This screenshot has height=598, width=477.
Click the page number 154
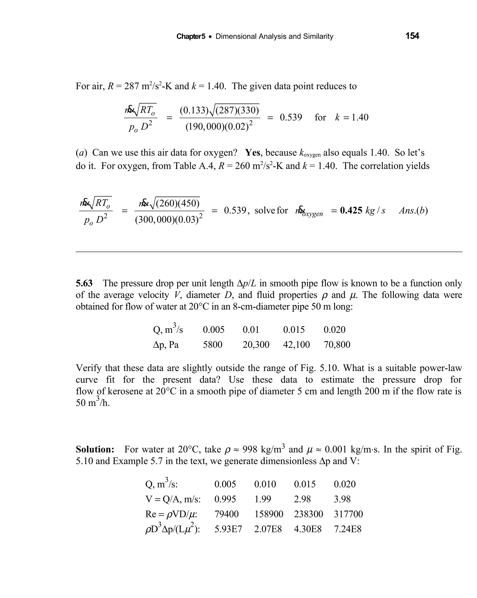pos(412,36)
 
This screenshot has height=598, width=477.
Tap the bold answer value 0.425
pos(351,211)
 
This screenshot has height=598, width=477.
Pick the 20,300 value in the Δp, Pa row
pos(256,345)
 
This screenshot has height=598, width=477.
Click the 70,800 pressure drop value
pos(337,345)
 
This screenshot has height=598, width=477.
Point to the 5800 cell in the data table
pos(212,345)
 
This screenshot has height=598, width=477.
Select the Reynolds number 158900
pos(269,514)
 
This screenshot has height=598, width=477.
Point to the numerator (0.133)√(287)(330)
pos(219,110)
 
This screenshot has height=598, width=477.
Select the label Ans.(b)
pos(413,211)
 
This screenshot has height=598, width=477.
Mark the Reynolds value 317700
pos(348,514)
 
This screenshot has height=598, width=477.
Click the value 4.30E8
pos(308,529)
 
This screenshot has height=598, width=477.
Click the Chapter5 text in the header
pos(191,37)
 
